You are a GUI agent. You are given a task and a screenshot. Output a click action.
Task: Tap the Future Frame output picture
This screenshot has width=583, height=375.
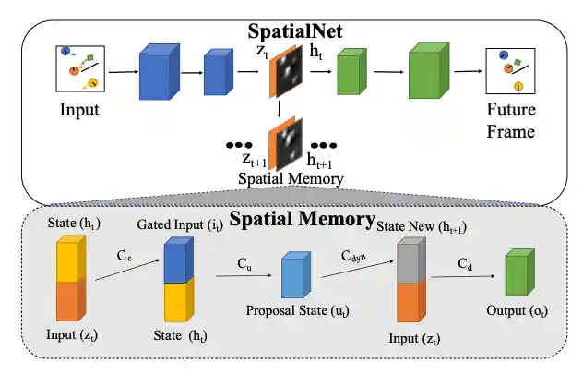(511, 72)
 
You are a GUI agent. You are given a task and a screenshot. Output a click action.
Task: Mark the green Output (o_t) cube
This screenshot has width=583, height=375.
(518, 275)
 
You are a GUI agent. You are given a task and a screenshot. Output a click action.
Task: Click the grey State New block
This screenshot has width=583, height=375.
(410, 260)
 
